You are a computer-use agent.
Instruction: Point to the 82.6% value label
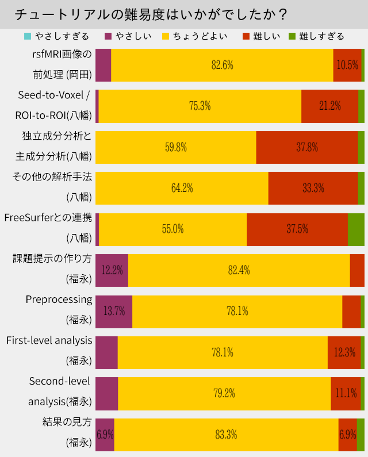click(x=222, y=65)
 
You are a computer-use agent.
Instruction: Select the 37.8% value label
click(x=307, y=147)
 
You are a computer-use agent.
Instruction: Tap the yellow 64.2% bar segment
click(x=182, y=188)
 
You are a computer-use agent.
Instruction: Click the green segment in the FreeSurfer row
click(x=356, y=229)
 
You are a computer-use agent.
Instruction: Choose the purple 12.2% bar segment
click(x=112, y=270)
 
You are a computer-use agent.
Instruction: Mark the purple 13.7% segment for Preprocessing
click(x=114, y=311)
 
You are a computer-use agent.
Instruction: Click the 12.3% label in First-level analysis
click(x=344, y=352)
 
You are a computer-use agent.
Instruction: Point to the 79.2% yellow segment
click(x=224, y=393)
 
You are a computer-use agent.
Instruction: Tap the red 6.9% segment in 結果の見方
click(x=348, y=435)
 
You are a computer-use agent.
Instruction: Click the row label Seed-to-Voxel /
click(x=54, y=95)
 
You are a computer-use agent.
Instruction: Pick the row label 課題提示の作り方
click(x=52, y=259)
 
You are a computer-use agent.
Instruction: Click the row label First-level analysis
click(x=49, y=340)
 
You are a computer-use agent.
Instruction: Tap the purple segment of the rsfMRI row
click(x=103, y=65)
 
